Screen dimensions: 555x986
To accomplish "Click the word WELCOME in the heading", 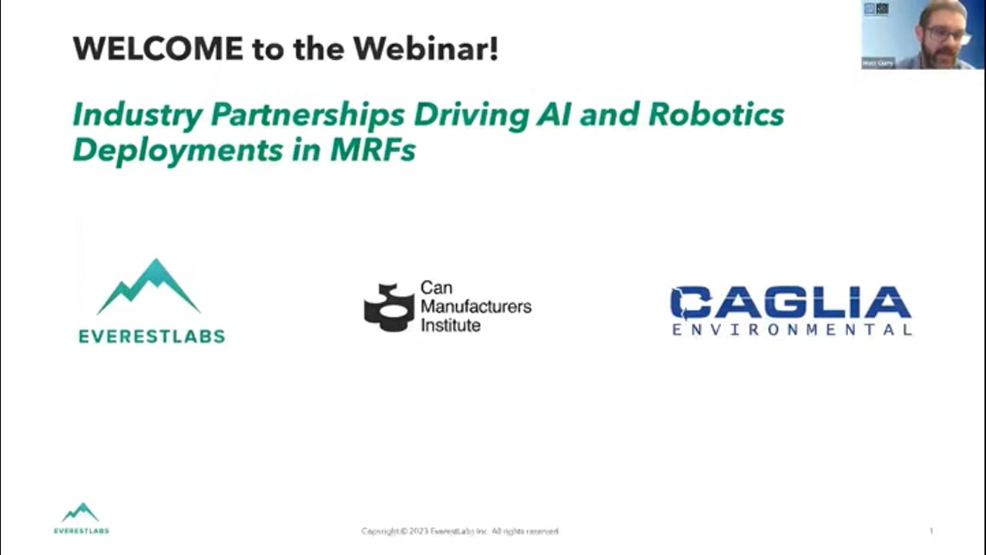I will [x=157, y=49].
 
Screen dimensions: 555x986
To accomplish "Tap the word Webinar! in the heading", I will [x=425, y=49].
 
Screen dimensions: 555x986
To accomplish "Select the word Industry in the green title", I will [x=137, y=115].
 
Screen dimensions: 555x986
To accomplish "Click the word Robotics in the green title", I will [x=716, y=115].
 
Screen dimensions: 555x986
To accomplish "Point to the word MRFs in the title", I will [x=373, y=150].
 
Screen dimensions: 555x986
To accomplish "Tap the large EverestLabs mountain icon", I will [x=149, y=287].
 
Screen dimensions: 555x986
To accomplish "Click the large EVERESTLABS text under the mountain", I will [x=152, y=336].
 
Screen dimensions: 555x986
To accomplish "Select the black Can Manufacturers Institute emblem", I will [x=389, y=307].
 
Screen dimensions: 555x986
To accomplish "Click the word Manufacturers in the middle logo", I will [x=475, y=306].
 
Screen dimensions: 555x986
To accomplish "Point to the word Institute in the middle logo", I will [x=450, y=325].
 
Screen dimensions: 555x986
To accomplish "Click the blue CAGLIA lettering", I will [x=790, y=303].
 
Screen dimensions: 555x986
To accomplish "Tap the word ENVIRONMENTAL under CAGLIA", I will [x=791, y=330].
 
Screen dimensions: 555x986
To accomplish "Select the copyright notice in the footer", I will [x=460, y=531].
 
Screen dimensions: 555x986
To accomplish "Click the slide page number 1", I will [x=931, y=530].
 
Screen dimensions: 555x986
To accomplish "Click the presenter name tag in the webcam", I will [x=878, y=63].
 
